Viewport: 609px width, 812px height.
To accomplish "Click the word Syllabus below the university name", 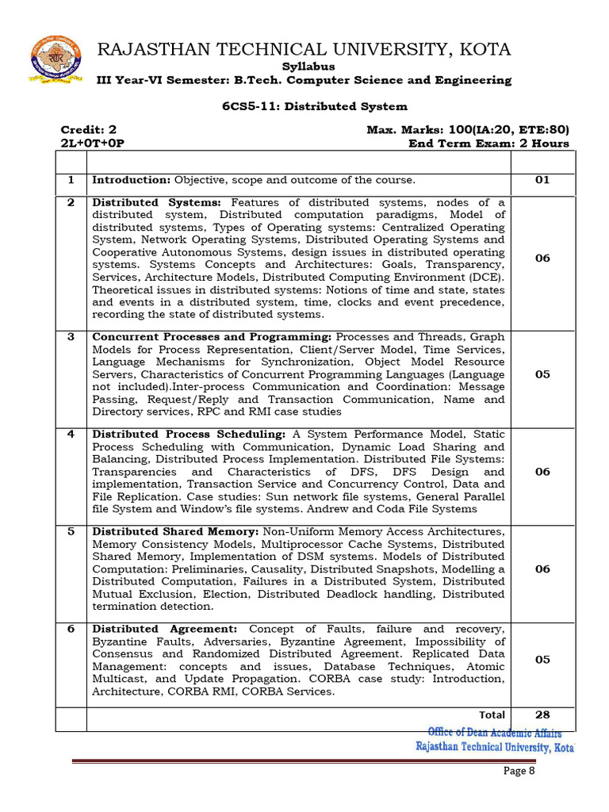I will pos(309,67).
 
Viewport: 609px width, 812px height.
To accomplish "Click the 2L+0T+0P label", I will pos(93,144).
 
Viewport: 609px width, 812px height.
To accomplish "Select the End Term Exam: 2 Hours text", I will pos(488,144).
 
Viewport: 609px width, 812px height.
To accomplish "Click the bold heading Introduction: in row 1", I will pos(132,180).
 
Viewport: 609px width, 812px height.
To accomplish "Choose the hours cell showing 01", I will pos(542,180).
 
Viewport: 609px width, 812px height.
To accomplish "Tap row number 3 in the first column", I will pos(71,337).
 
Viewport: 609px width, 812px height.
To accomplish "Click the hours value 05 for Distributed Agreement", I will pos(542,660).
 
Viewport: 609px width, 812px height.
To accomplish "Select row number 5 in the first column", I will pos(71,531).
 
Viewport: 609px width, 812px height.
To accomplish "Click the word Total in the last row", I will pos(492,715).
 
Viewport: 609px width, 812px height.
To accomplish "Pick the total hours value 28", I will pos(542,715).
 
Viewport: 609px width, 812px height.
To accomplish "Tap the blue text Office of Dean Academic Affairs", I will pos(494,733).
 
